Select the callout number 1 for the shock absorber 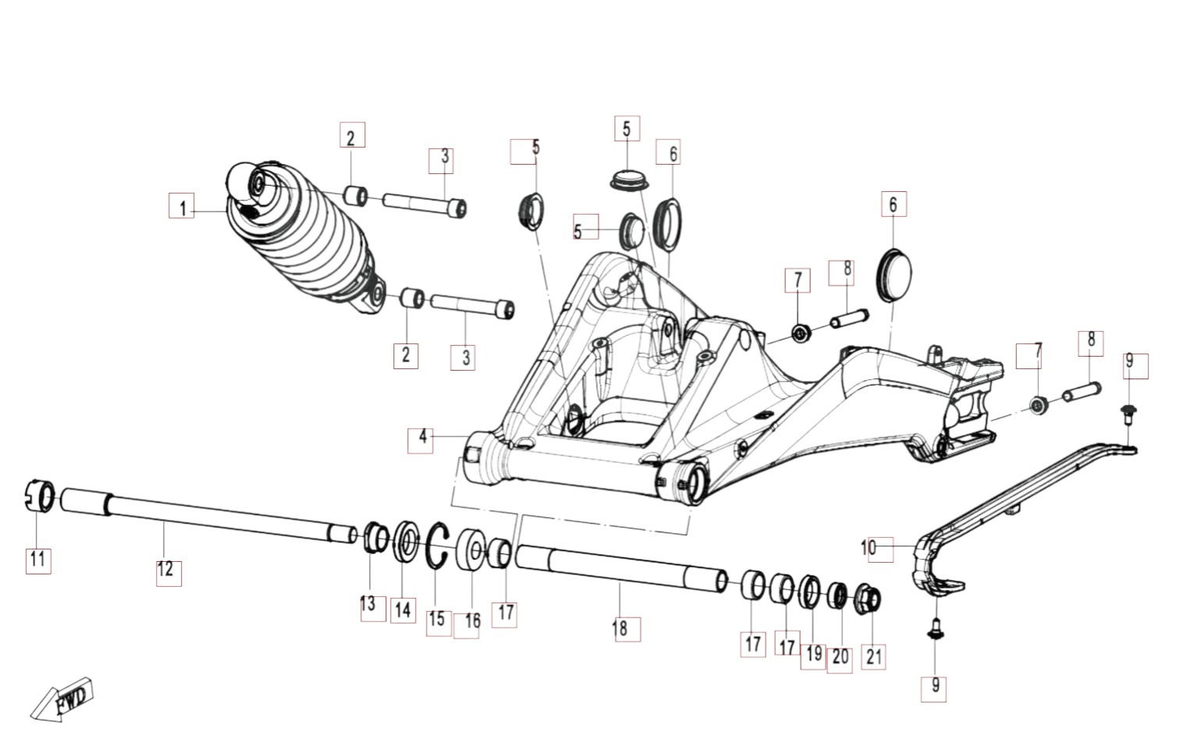coord(182,208)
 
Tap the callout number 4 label coord(422,437)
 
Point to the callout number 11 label coord(37,559)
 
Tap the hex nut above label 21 coord(870,597)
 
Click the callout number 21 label coord(874,657)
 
